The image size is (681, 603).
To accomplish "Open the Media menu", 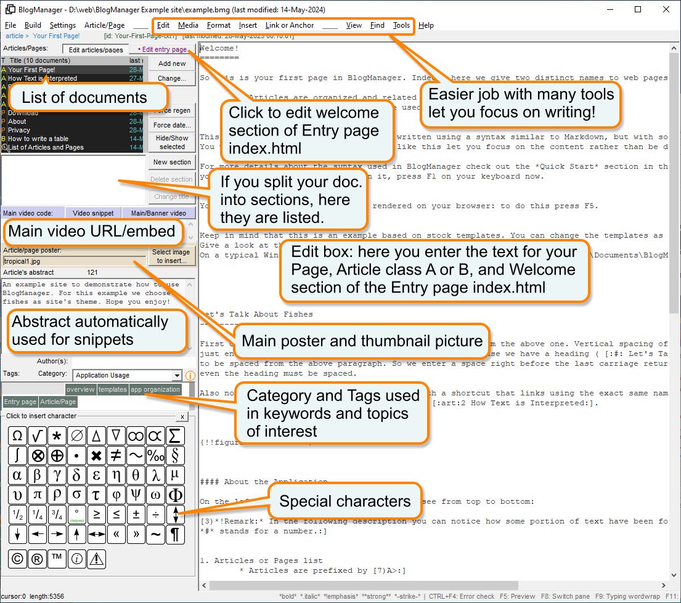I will click(188, 25).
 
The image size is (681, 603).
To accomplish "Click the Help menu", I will click(426, 25).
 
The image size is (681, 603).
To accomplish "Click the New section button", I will click(172, 162).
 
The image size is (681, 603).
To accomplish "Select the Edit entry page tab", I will click(162, 49).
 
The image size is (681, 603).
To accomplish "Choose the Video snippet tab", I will click(93, 213).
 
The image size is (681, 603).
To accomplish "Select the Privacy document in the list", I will click(19, 130).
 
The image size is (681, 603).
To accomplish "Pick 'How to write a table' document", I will click(38, 139).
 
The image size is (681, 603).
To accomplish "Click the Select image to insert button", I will click(171, 256).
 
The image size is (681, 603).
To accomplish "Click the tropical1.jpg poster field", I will click(74, 261).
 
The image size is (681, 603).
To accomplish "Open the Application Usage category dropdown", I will click(177, 375).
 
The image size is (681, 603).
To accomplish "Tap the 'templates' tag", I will click(113, 389).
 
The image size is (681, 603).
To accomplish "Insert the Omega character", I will click(18, 436).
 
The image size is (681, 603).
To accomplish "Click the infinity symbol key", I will click(136, 436).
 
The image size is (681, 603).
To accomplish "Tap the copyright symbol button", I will click(18, 559).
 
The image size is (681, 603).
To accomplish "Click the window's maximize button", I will click(638, 9).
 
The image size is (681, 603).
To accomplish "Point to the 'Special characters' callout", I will click(345, 501).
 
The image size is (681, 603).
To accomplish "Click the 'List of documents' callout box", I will click(84, 97).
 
